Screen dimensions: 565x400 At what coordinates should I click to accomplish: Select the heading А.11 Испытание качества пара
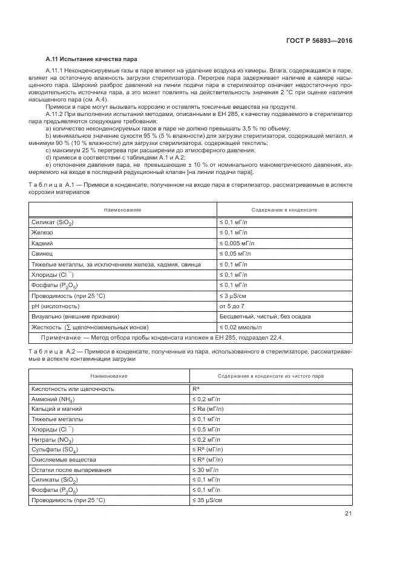(x=91, y=59)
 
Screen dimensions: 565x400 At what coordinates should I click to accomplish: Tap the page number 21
(x=348, y=514)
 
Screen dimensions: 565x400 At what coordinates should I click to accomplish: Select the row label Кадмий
(x=42, y=242)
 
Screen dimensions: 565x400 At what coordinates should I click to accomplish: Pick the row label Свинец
(x=43, y=253)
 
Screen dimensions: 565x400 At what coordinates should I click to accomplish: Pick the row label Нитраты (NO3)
(x=54, y=439)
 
